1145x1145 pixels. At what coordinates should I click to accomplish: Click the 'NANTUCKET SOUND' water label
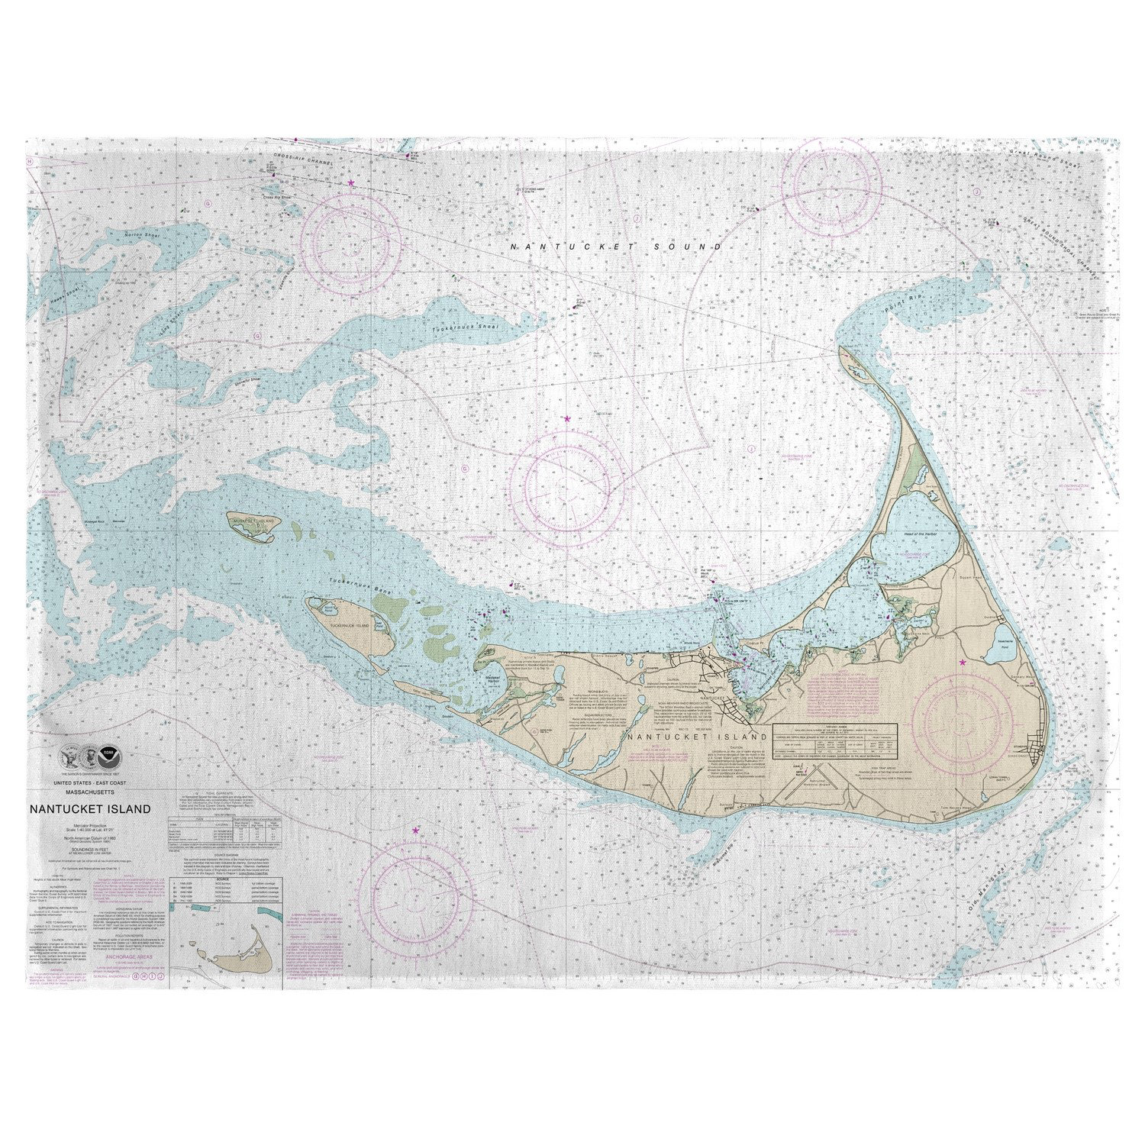coord(616,247)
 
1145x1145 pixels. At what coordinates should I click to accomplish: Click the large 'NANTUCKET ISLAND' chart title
coord(90,809)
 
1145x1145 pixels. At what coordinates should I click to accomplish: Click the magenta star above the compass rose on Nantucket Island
coord(963,662)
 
